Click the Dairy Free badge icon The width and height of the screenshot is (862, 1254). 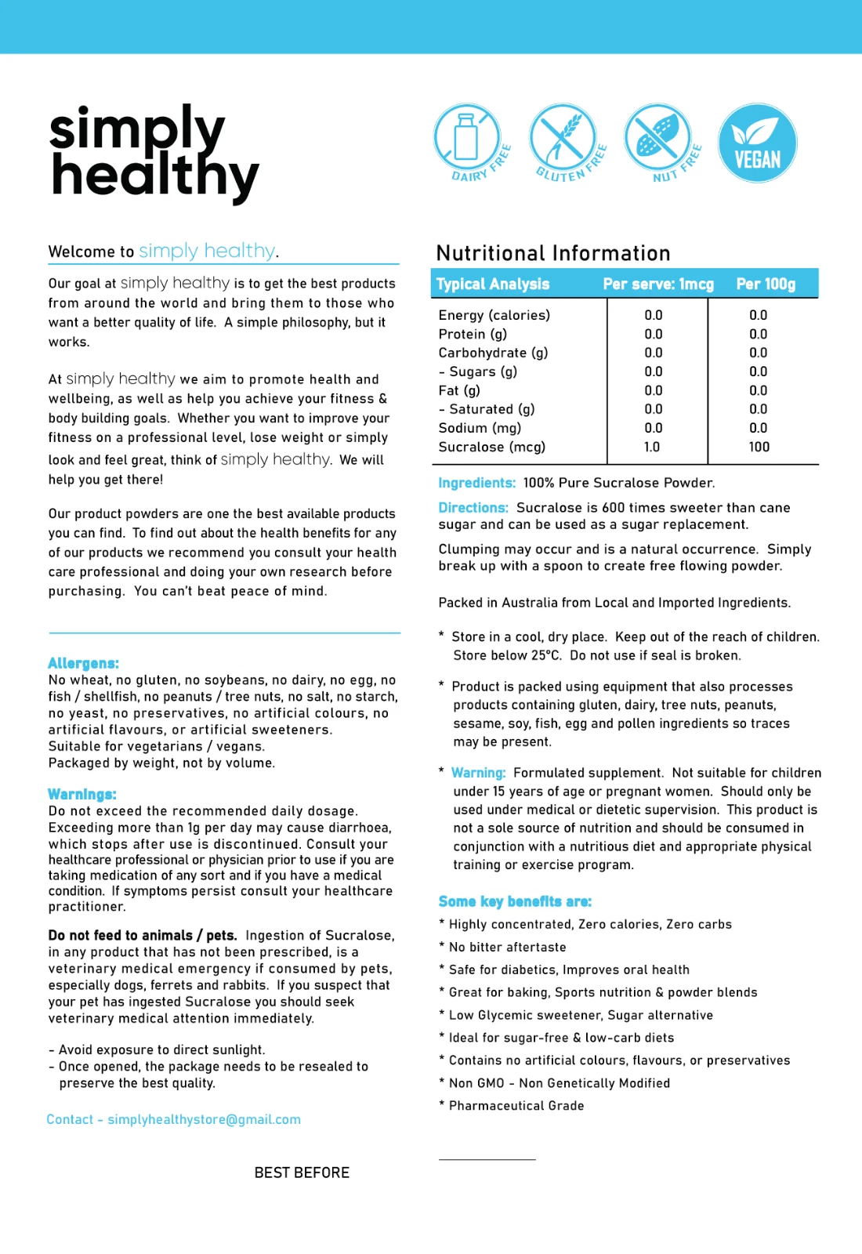[x=469, y=141]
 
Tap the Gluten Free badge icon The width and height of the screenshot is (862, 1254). [x=564, y=141]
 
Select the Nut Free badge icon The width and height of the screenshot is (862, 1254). [x=660, y=141]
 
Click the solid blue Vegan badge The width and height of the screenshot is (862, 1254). [x=757, y=143]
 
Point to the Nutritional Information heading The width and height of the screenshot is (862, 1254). [x=553, y=253]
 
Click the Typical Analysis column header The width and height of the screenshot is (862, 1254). [x=493, y=284]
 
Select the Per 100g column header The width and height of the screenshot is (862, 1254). [x=766, y=284]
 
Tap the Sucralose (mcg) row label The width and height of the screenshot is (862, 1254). [x=492, y=447]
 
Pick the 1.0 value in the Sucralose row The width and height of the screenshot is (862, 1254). [x=652, y=447]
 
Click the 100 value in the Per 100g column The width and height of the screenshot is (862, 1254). [x=759, y=447]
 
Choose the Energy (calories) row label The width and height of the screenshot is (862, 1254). [x=494, y=315]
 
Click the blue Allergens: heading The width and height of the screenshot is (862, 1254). [x=83, y=663]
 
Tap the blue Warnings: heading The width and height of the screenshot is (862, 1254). [x=82, y=794]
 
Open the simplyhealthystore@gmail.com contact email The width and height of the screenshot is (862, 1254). [x=204, y=1119]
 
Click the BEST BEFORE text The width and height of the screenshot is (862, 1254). [x=302, y=1172]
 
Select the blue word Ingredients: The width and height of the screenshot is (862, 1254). [x=476, y=483]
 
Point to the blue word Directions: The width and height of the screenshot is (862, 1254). [x=473, y=508]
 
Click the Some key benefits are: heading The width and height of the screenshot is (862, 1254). [x=515, y=901]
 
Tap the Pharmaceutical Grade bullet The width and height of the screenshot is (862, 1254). [x=516, y=1106]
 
